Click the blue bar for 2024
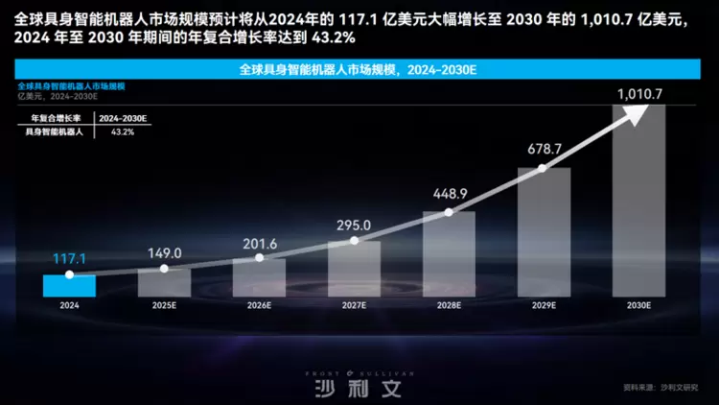(x=69, y=285)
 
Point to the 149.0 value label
(x=164, y=253)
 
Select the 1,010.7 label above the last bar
(x=639, y=94)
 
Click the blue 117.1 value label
(x=70, y=259)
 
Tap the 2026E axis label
(x=259, y=305)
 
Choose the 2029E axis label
(x=544, y=305)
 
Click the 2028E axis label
(x=449, y=305)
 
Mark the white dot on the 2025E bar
(x=164, y=269)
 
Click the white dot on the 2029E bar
(x=544, y=168)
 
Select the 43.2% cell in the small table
(x=123, y=131)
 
